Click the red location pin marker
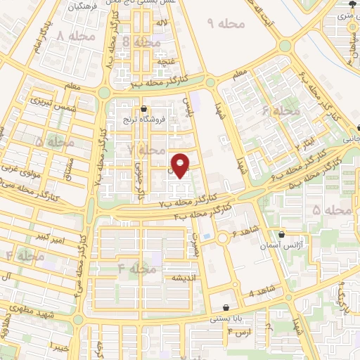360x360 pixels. tap(181, 165)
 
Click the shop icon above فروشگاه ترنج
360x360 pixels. tap(144, 109)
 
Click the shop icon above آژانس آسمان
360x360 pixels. tap(281, 234)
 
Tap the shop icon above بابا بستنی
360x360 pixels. tap(225, 307)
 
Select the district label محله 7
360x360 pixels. tap(143, 150)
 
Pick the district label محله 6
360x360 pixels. tap(281, 112)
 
